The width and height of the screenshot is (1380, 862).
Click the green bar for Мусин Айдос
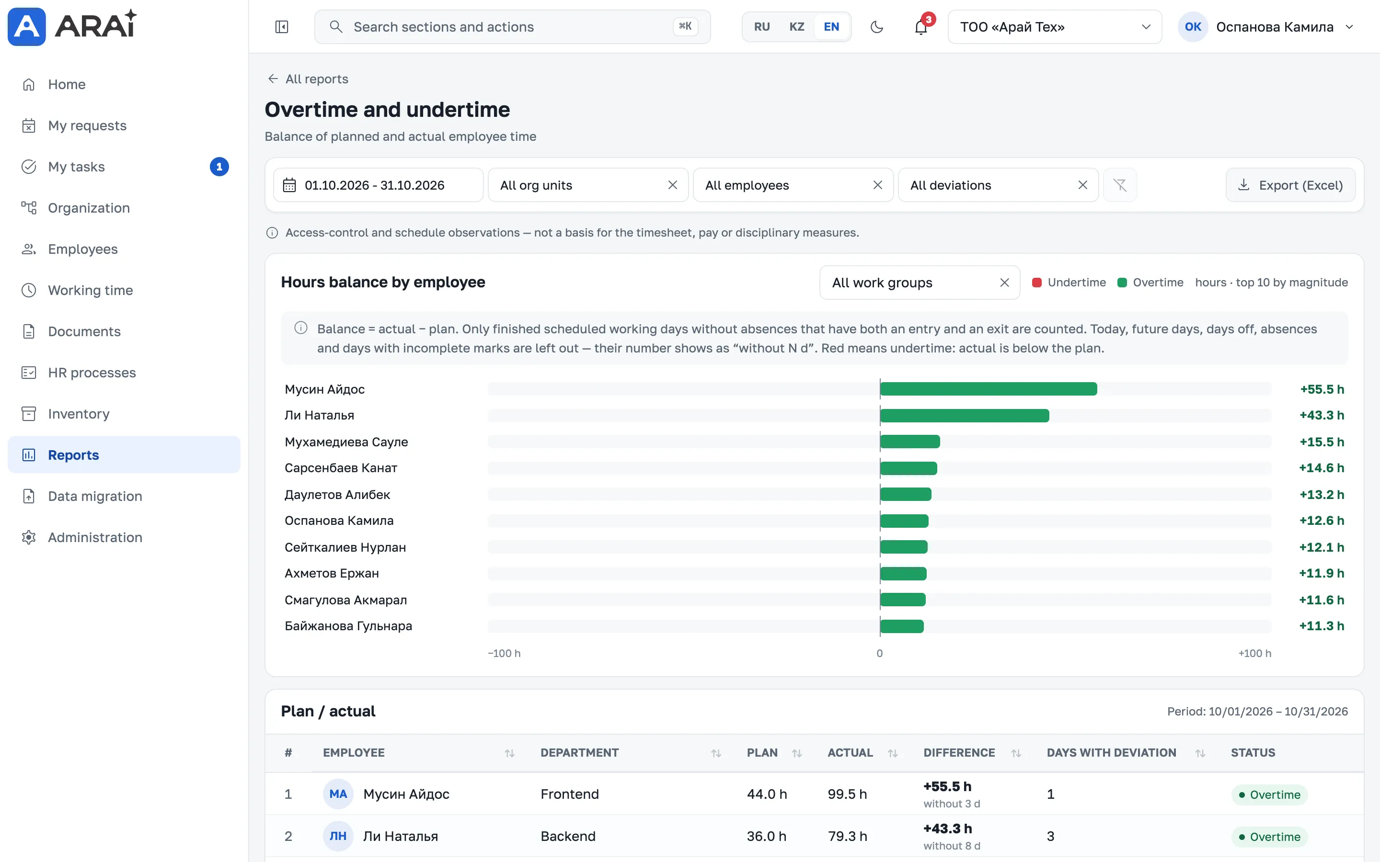[x=988, y=389]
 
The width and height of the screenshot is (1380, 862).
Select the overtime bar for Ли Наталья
[x=964, y=415]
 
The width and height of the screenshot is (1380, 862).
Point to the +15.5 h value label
[x=1321, y=442]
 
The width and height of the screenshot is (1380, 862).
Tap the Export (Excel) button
[x=1290, y=185]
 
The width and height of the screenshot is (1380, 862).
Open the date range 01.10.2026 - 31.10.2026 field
[x=378, y=185]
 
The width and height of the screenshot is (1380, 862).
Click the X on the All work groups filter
[x=1004, y=283]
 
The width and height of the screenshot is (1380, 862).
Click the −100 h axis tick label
[x=504, y=653]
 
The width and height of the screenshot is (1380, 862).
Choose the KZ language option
[x=797, y=27]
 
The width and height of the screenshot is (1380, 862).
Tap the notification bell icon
[x=921, y=27]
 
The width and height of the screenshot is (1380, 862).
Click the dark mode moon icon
[x=877, y=27]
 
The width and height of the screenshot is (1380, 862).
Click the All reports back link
[x=308, y=79]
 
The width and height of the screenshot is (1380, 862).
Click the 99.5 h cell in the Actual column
[x=847, y=794]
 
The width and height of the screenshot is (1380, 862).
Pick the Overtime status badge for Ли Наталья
[x=1269, y=837]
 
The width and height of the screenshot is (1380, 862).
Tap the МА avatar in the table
[x=338, y=794]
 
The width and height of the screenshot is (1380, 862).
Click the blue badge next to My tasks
[x=219, y=167]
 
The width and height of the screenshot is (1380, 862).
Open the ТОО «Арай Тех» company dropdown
[x=1054, y=27]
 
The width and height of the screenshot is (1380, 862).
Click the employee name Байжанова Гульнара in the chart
[x=348, y=626]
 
